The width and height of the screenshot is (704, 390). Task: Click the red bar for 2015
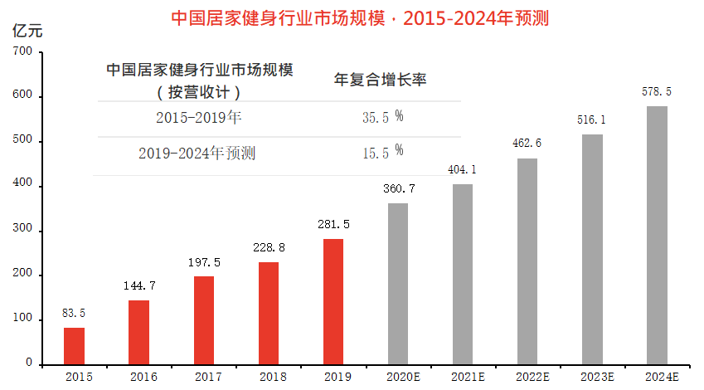point(75,345)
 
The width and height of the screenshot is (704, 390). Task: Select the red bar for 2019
point(333,300)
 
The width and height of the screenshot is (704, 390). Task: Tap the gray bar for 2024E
point(657,234)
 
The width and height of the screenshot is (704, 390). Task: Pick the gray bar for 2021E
point(463,273)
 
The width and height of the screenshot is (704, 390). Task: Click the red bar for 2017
point(204,319)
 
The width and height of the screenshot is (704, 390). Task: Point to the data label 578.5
point(657,91)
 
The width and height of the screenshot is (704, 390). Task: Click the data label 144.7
point(139,285)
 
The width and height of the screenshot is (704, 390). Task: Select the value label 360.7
point(398,188)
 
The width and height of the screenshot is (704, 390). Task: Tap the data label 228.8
point(269,247)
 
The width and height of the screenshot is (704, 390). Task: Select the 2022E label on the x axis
point(527,377)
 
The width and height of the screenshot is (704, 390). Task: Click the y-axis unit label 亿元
point(27,31)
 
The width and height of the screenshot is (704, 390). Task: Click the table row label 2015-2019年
point(198,117)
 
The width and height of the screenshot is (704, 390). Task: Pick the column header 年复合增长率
point(380,80)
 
